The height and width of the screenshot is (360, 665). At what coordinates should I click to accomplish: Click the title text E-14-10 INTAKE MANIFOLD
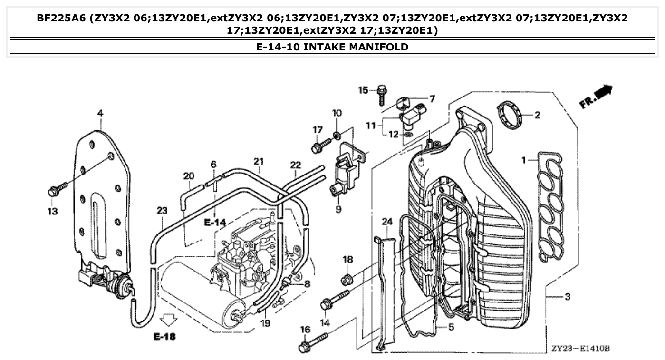click(332, 47)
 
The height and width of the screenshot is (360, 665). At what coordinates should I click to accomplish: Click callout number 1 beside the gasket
click(524, 161)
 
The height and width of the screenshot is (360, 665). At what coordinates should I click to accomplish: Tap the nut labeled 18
click(347, 277)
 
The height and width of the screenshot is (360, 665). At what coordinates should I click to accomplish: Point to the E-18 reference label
click(164, 337)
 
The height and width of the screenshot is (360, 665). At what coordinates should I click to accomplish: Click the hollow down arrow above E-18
click(169, 319)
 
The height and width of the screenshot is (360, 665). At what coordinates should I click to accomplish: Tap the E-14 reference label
click(215, 222)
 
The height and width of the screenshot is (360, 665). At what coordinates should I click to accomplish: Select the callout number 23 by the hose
click(162, 210)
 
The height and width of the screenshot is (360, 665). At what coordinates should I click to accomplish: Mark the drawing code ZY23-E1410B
click(580, 349)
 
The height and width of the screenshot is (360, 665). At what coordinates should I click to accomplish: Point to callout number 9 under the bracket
click(338, 209)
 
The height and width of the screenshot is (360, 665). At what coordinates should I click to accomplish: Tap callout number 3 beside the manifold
click(567, 297)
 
